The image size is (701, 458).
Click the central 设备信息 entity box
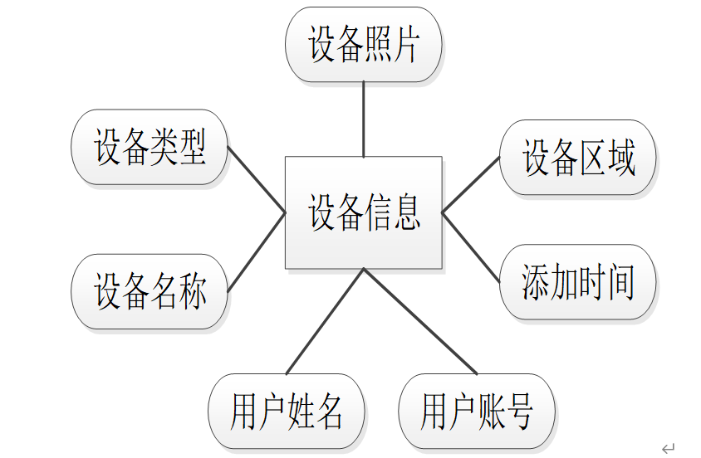pyautogui.click(x=363, y=212)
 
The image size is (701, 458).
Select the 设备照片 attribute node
pyautogui.click(x=363, y=45)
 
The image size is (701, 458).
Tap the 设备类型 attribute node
pyautogui.click(x=150, y=147)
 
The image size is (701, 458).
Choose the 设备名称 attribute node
pyautogui.click(x=150, y=291)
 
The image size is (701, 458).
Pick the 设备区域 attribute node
pyautogui.click(x=577, y=158)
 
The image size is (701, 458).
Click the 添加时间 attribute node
pyautogui.click(x=577, y=282)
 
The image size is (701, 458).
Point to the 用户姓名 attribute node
pyautogui.click(x=286, y=412)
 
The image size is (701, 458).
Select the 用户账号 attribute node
pyautogui.click(x=477, y=412)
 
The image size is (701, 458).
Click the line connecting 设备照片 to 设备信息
pyautogui.click(x=364, y=119)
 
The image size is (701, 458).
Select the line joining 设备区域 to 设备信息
pyautogui.click(x=470, y=185)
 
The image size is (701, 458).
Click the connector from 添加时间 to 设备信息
pyautogui.click(x=470, y=241)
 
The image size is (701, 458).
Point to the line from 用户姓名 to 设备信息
pyautogui.click(x=325, y=321)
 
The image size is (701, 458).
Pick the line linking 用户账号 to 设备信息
pyautogui.click(x=419, y=321)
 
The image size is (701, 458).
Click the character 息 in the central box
pyautogui.click(x=404, y=212)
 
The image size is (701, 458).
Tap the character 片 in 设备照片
pyautogui.click(x=404, y=45)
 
